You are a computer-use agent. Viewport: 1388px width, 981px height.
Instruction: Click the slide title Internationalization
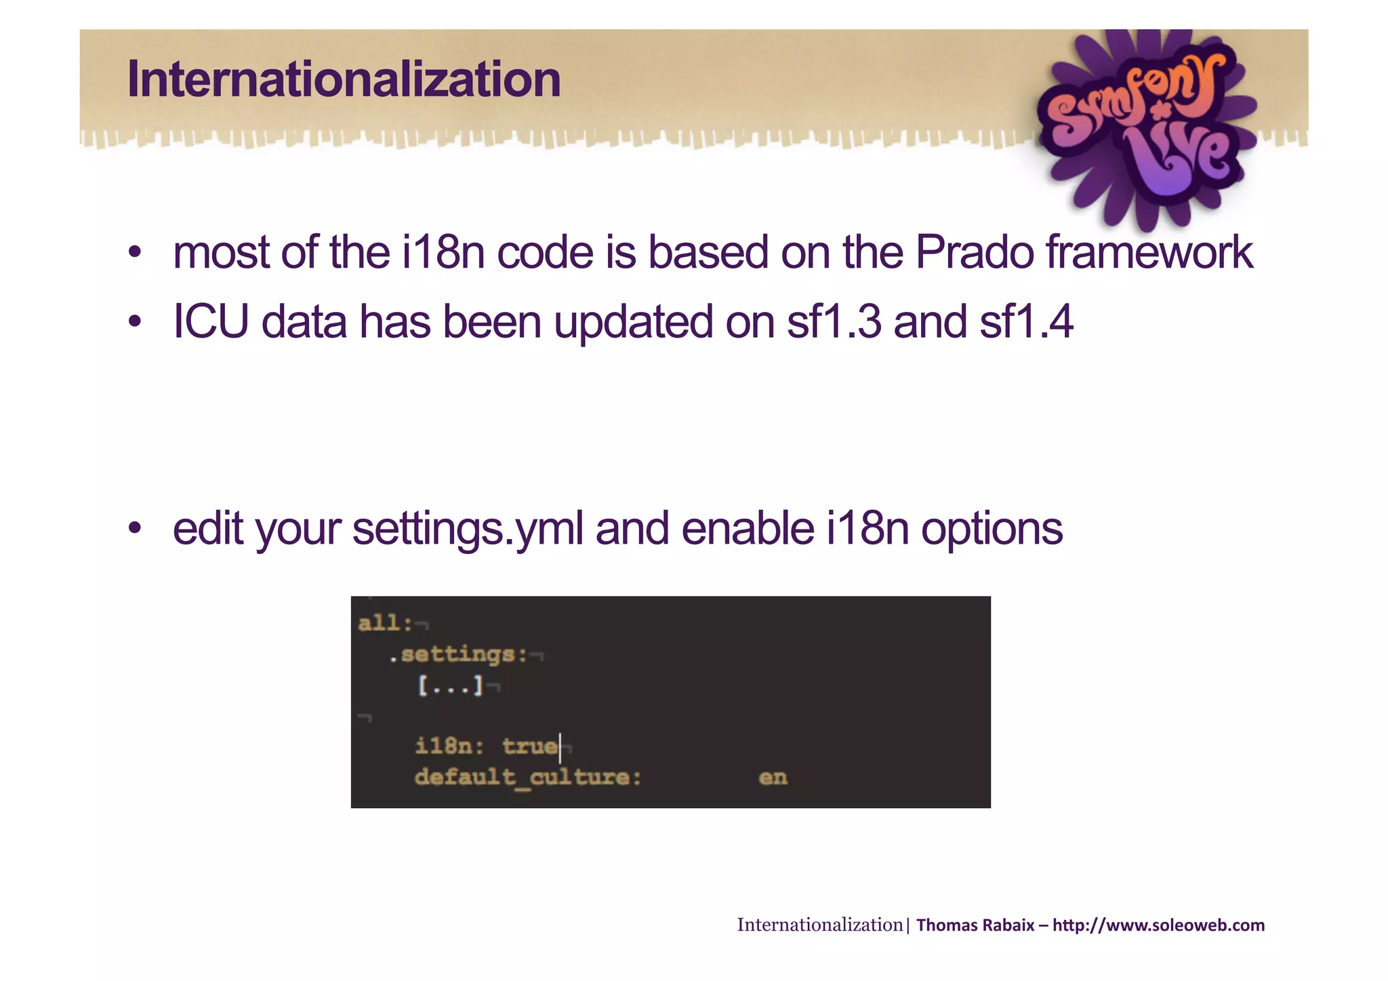344,79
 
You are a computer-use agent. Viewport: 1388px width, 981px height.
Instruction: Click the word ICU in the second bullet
211,322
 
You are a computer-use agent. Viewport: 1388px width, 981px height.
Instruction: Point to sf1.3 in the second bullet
834,322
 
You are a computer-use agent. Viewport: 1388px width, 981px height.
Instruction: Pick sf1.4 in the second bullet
1026,322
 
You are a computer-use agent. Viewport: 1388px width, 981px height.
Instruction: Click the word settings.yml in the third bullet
468,529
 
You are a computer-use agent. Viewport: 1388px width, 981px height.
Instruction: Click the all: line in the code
385,623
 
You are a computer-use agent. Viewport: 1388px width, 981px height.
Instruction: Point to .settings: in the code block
458,655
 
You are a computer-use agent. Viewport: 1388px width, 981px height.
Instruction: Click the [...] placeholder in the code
450,686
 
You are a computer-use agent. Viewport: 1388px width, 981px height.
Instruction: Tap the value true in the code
530,746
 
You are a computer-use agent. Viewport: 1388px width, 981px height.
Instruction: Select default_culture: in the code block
528,777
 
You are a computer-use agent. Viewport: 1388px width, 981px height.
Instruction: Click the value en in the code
773,778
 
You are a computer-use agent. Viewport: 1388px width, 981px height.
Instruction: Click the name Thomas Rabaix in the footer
975,925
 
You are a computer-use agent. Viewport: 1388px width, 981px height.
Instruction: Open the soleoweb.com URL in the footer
1158,925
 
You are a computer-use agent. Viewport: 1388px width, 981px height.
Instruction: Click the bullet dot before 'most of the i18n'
135,253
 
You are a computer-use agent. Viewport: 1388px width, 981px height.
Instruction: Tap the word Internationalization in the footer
820,925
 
